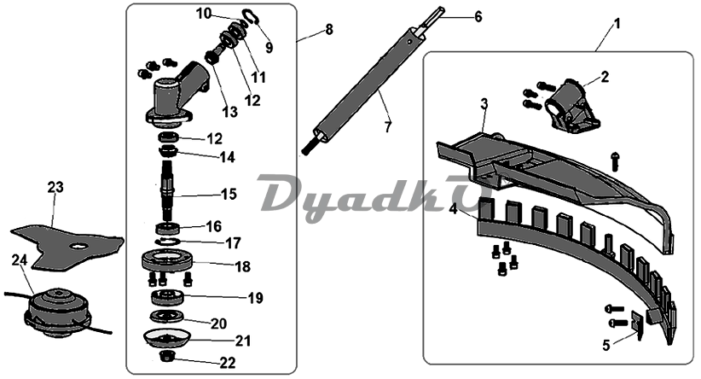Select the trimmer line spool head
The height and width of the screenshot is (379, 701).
click(x=58, y=312)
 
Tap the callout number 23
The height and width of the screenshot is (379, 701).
click(x=56, y=188)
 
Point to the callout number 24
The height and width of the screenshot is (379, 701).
click(x=20, y=260)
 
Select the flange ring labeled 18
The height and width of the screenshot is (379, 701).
click(x=167, y=261)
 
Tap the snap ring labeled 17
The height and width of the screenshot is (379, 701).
click(x=167, y=242)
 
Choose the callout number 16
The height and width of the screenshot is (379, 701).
click(x=214, y=226)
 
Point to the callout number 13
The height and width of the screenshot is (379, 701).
click(x=229, y=112)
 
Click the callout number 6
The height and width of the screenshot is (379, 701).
click(x=478, y=17)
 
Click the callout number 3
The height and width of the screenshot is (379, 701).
click(x=484, y=104)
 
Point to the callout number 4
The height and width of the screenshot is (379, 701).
click(x=454, y=209)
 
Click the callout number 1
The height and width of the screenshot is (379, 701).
click(x=617, y=24)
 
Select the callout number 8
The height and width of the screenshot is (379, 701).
click(x=329, y=30)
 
